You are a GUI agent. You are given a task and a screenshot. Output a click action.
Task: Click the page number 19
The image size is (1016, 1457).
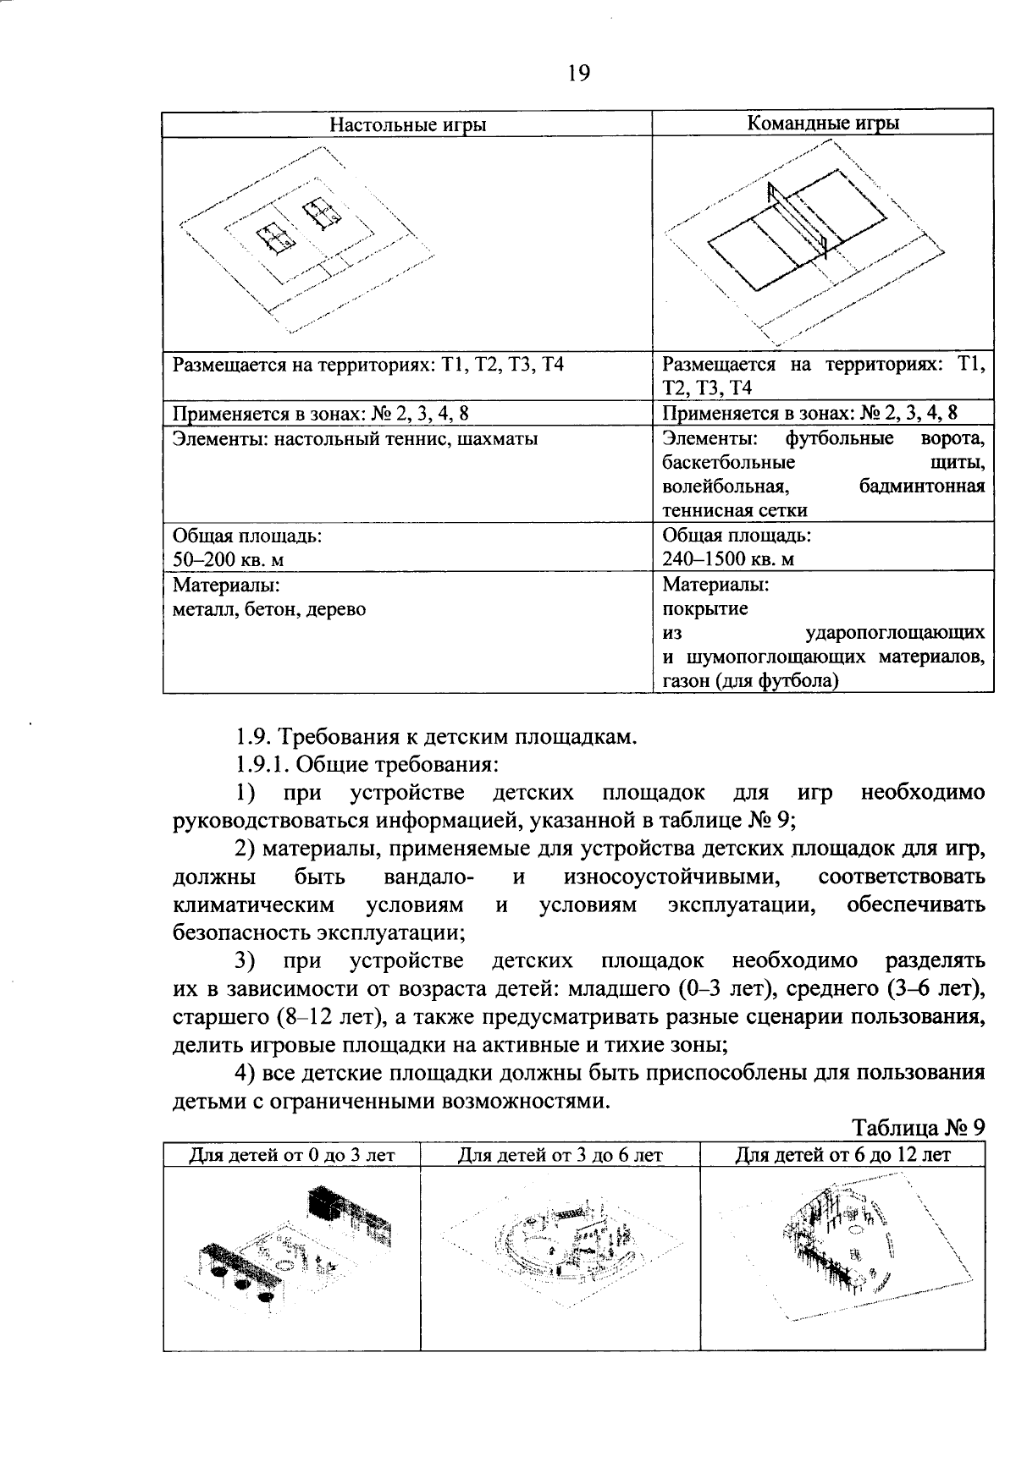click(x=578, y=74)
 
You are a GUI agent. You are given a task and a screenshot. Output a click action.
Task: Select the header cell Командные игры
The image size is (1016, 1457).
click(x=822, y=124)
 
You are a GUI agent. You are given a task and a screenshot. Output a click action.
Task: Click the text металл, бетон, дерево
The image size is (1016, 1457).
click(x=269, y=608)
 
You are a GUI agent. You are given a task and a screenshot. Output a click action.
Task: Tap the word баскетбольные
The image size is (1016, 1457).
click(x=729, y=463)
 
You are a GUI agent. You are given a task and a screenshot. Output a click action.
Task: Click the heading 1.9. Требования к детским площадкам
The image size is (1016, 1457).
click(x=435, y=737)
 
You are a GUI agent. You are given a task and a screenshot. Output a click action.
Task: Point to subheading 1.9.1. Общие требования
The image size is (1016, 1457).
click(x=366, y=765)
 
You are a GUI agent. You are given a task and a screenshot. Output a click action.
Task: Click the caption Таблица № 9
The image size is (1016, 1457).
click(x=919, y=1128)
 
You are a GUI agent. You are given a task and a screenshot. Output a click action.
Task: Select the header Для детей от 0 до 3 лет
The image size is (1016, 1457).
click(x=292, y=1155)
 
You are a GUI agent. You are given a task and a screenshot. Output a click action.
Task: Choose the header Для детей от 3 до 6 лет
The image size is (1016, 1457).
click(x=560, y=1155)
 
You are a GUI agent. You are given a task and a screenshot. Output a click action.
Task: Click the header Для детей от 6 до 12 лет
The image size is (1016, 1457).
click(x=842, y=1155)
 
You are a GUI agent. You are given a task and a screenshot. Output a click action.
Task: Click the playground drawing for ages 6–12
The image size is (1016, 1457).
click(x=842, y=1245)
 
